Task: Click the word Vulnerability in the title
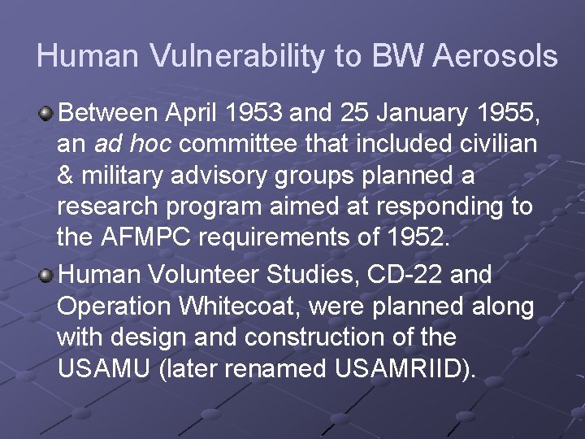(215, 56)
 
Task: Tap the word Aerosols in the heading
(496, 56)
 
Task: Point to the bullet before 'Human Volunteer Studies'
(47, 276)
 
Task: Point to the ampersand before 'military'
(65, 175)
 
